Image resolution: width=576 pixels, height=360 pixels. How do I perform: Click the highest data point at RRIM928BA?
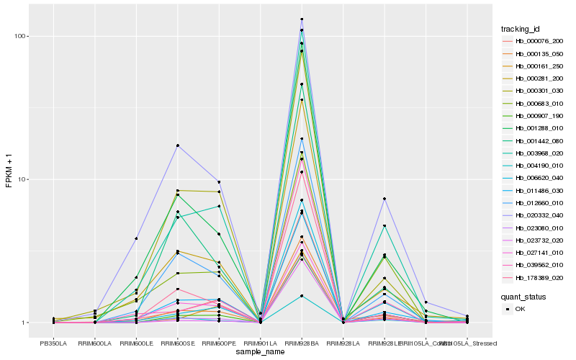pos(302,19)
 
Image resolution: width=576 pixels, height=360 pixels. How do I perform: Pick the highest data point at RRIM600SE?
pos(177,145)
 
